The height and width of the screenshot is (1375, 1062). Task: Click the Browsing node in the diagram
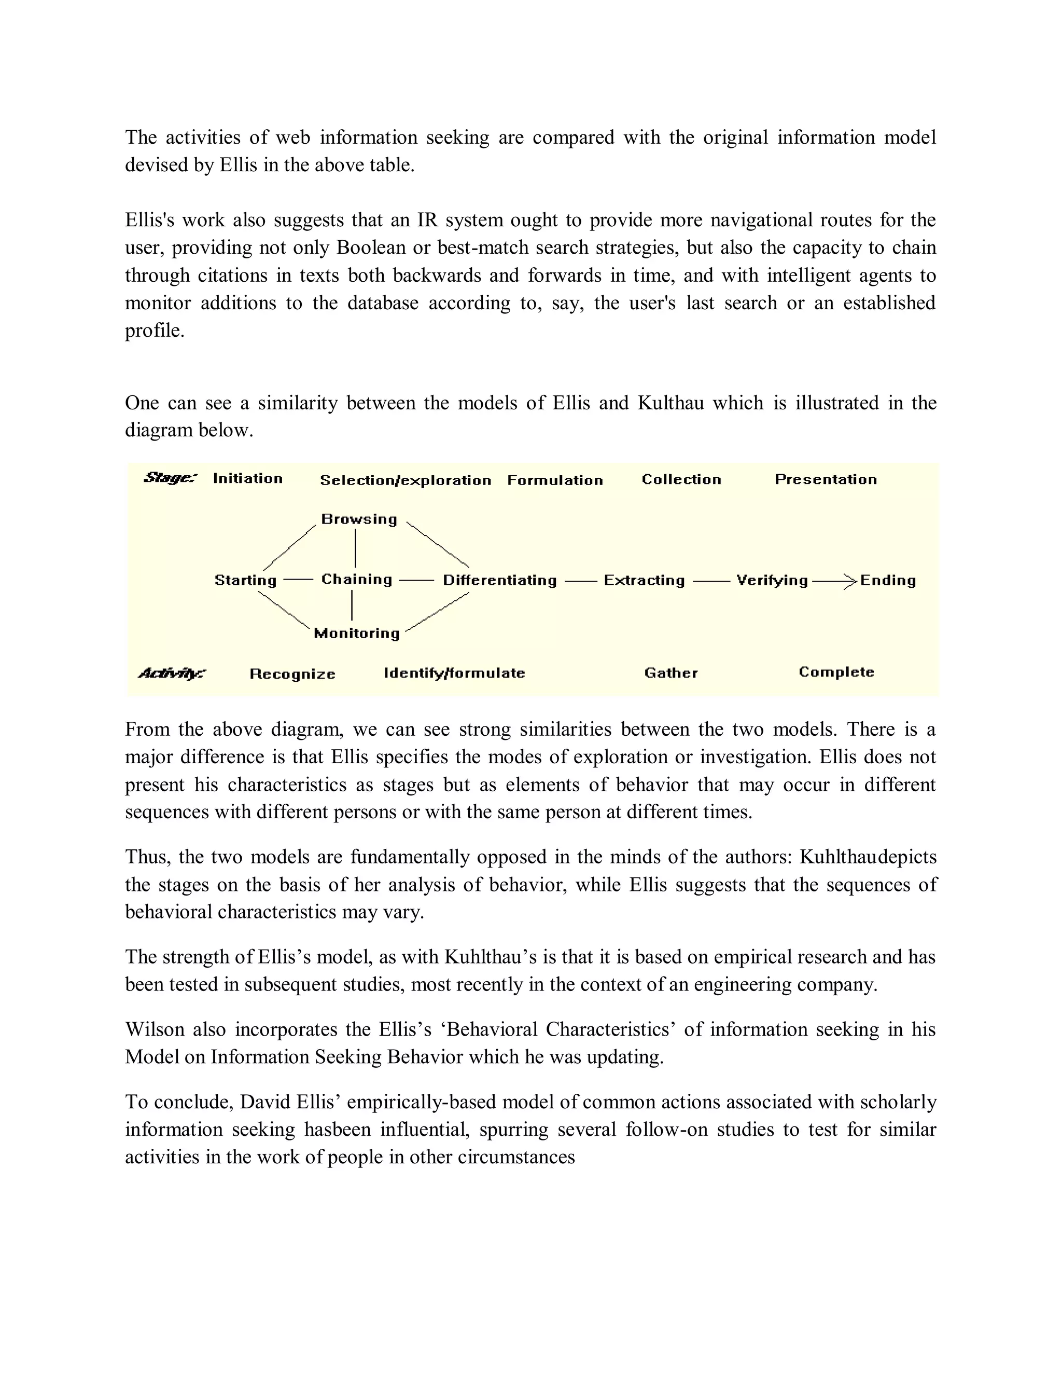tap(359, 519)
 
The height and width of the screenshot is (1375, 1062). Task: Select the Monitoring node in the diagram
tap(357, 634)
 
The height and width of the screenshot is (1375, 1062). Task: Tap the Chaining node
tap(357, 579)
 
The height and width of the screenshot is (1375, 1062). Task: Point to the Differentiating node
tap(499, 581)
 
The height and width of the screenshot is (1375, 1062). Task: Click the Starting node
tap(245, 581)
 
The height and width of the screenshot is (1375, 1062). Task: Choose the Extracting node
tap(644, 581)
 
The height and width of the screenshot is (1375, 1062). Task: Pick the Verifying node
tap(772, 581)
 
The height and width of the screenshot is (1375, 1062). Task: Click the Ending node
tap(888, 581)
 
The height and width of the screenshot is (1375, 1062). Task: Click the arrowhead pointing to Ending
tap(850, 581)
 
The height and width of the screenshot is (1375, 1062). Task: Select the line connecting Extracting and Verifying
tap(711, 581)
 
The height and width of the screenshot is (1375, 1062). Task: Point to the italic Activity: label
tap(172, 673)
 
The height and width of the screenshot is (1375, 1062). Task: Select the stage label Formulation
tap(555, 480)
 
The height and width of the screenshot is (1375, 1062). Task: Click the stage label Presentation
tap(826, 480)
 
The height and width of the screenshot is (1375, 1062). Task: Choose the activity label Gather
tap(670, 673)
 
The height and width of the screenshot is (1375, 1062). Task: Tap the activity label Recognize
tap(292, 675)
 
